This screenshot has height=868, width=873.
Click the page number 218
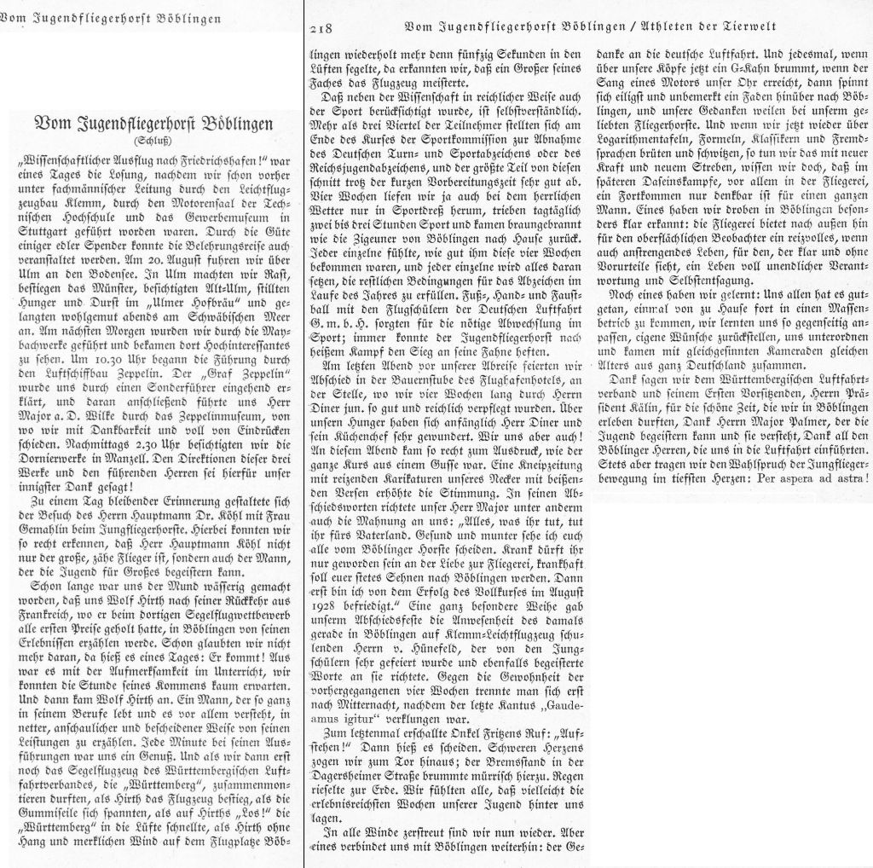tap(321, 28)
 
